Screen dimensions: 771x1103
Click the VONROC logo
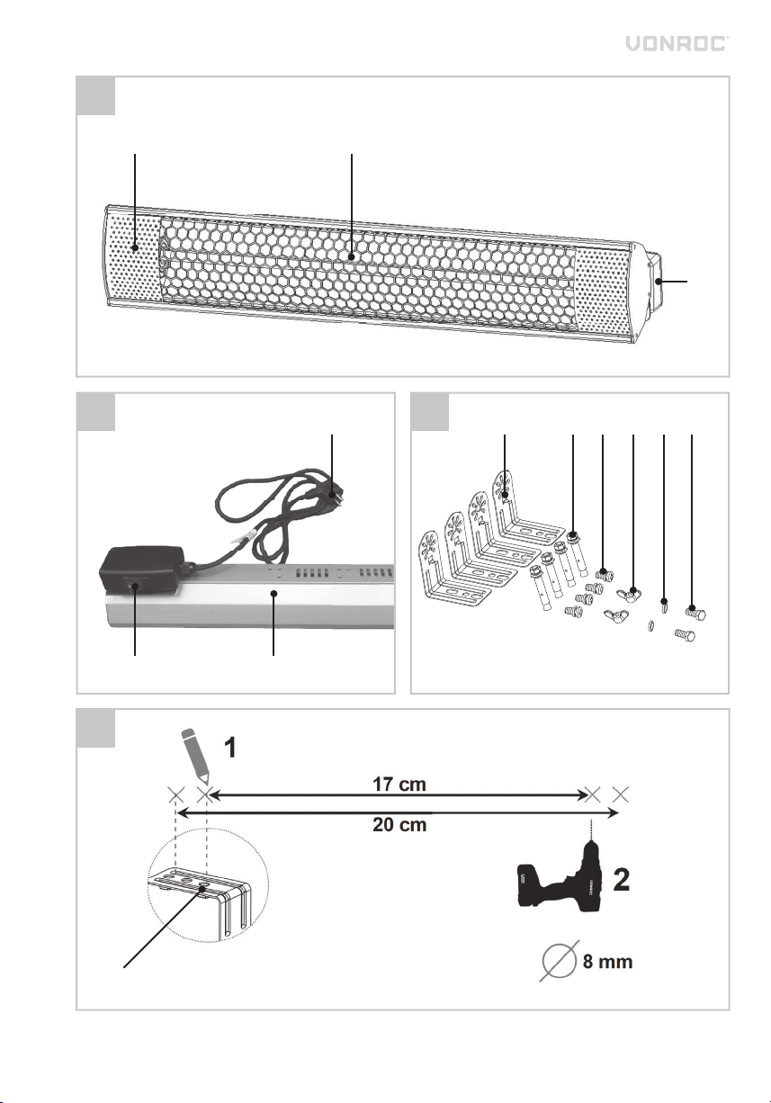pos(677,43)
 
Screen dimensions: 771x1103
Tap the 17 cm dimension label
pos(399,784)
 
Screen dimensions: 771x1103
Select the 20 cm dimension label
pos(399,824)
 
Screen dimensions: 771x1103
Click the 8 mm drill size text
pos(607,961)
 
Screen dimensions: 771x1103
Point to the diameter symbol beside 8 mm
pos(560,961)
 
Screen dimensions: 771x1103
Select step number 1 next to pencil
pos(230,748)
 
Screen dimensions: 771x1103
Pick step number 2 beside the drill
pos(622,880)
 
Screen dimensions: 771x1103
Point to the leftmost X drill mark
pos(176,794)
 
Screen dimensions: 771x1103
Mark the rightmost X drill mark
pos(621,794)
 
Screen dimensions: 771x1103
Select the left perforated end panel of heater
pos(133,257)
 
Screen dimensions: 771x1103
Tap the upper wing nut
pos(629,593)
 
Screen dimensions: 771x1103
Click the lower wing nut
pos(616,615)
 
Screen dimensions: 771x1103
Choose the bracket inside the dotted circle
pos(201,902)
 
